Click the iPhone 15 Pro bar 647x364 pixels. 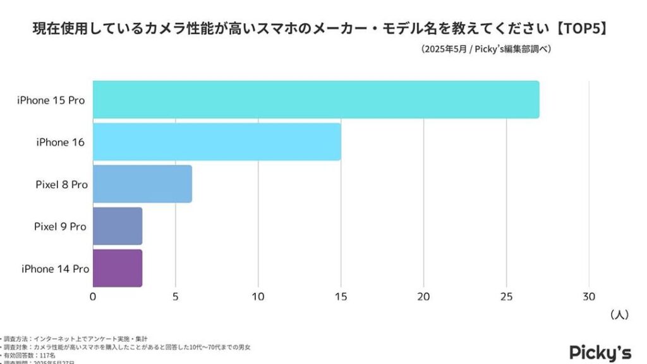(x=316, y=99)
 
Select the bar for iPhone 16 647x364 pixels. (x=217, y=142)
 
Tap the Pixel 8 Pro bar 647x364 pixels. (x=142, y=184)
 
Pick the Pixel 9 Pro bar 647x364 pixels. (x=118, y=226)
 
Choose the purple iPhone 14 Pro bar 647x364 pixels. (x=118, y=269)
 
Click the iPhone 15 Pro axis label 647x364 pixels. (x=51, y=100)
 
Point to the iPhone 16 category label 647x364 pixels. (x=61, y=142)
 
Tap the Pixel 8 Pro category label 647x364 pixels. (x=61, y=185)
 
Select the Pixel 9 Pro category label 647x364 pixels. (x=60, y=226)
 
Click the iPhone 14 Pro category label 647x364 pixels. (x=55, y=269)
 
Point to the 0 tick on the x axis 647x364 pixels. (x=93, y=296)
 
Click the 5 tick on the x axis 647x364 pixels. (x=176, y=296)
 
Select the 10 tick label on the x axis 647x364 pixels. (x=258, y=296)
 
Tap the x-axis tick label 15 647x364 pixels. (x=341, y=296)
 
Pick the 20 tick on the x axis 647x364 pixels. (x=423, y=296)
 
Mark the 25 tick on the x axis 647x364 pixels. (x=506, y=296)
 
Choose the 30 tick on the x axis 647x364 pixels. (x=589, y=296)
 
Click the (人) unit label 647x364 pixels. (x=619, y=315)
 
